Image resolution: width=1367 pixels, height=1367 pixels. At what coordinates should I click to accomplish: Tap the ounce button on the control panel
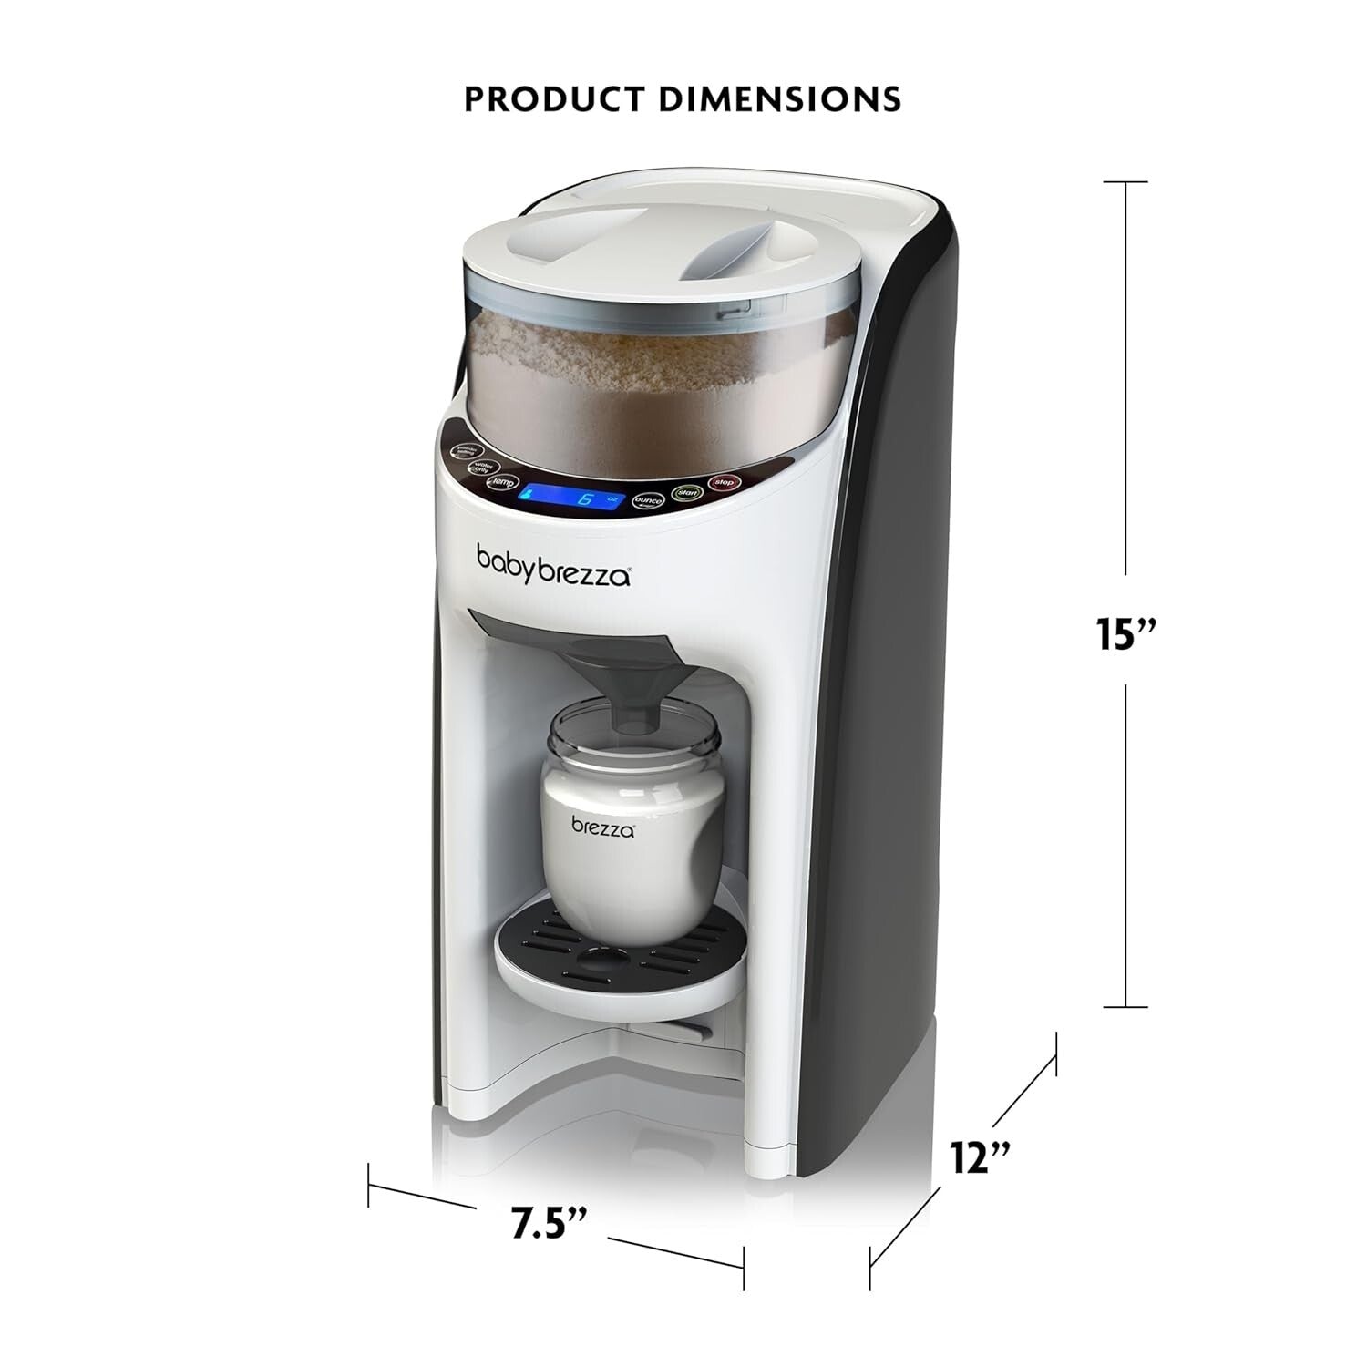tap(648, 502)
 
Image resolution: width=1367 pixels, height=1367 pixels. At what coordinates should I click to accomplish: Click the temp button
tap(502, 483)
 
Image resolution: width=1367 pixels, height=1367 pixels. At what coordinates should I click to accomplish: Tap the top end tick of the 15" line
tap(1125, 183)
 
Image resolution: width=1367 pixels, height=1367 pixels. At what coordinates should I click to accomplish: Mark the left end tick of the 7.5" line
tap(368, 1185)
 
